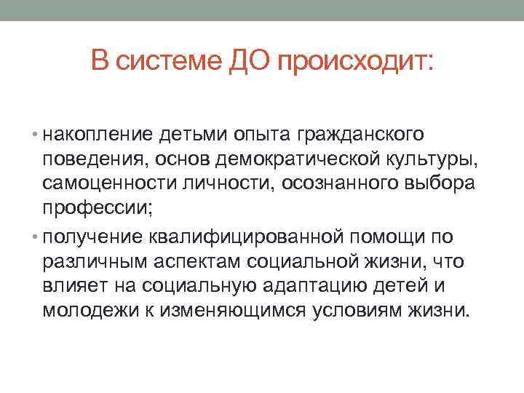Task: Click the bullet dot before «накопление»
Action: pos(36,135)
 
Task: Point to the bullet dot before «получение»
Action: pos(36,237)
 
